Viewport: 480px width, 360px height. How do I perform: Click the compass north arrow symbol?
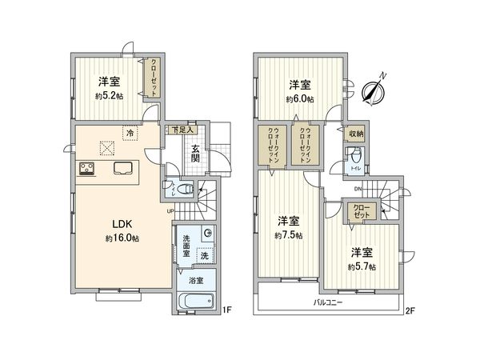tap(374, 90)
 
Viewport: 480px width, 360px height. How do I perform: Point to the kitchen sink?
tap(124, 168)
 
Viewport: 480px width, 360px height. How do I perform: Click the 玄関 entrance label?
tap(195, 151)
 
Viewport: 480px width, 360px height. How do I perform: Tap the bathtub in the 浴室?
tap(194, 302)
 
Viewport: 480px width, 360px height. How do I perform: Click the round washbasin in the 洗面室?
tap(207, 233)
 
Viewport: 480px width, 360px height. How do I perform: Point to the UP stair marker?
tap(170, 211)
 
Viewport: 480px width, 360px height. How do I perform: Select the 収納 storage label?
tap(356, 134)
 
